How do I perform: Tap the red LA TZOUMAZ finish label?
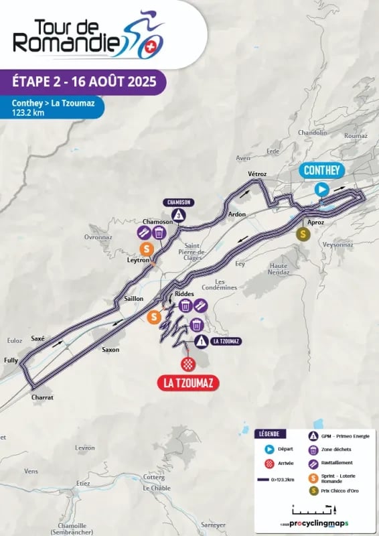coord(187,383)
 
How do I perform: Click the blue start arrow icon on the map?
coord(322,190)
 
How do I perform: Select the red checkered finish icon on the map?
coord(187,363)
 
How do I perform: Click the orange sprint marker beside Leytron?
coord(145,249)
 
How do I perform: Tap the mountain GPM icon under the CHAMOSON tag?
coord(179,215)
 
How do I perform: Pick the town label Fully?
coord(11,360)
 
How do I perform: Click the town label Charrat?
coord(42,397)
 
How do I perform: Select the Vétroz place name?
coord(257,174)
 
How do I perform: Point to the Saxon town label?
coord(110,350)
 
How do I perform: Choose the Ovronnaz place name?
coord(98,237)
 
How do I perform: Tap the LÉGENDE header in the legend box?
coord(273,433)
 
